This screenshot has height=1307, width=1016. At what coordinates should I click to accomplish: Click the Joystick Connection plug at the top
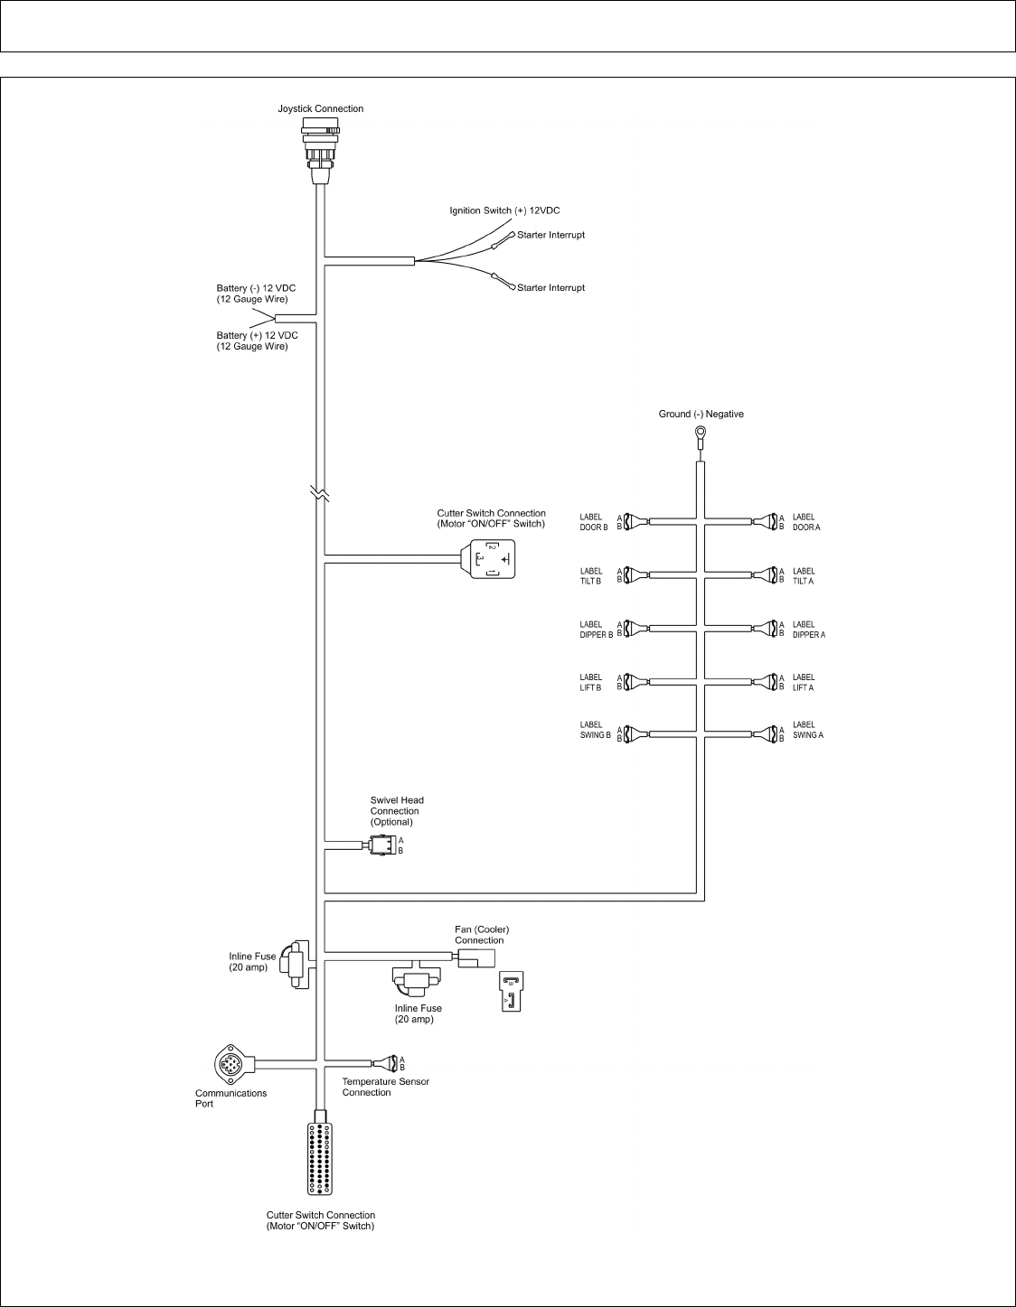pos(321,149)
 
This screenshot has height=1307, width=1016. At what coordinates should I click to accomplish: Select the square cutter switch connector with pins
pos(491,561)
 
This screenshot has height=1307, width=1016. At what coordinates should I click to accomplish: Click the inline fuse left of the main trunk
pos(294,964)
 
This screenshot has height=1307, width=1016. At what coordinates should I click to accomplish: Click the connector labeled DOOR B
pos(635,522)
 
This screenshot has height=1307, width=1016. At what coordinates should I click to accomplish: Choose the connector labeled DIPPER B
pos(635,629)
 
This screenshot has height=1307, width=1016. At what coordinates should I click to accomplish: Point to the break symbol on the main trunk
pos(321,494)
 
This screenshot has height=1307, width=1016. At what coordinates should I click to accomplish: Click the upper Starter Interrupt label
pos(550,235)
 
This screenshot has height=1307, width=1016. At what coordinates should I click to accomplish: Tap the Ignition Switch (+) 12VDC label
pos(505,210)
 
